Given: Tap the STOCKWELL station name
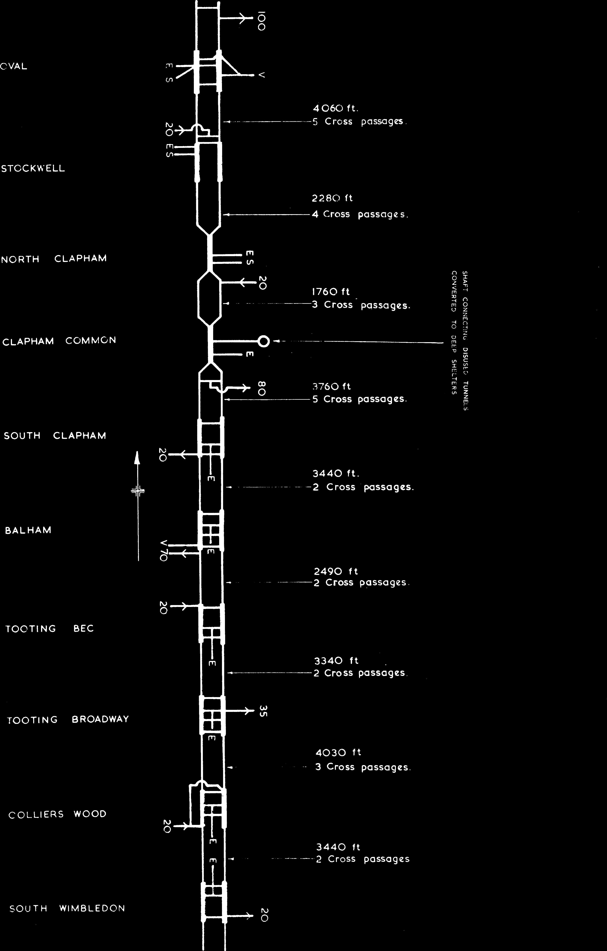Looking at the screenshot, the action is pyautogui.click(x=33, y=169).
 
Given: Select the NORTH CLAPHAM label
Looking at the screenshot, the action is pyautogui.click(x=54, y=259).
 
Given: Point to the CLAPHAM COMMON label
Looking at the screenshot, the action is pyautogui.click(x=59, y=341).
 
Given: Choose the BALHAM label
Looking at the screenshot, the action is pyautogui.click(x=28, y=530).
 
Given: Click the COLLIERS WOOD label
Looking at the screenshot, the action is pyautogui.click(x=58, y=814).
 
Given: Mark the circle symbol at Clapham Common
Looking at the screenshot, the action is pyautogui.click(x=264, y=341).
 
